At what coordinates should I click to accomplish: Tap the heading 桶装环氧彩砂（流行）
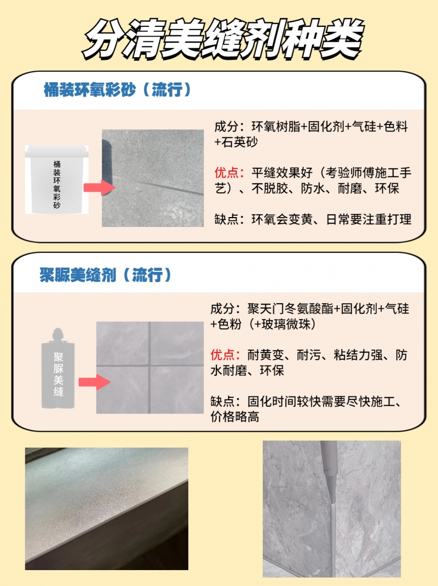pyautogui.click(x=117, y=90)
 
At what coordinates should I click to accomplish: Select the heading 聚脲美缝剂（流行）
pyautogui.click(x=105, y=275)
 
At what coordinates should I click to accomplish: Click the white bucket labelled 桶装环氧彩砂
pyautogui.click(x=57, y=179)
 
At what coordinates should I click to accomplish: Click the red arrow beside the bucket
pyautogui.click(x=99, y=187)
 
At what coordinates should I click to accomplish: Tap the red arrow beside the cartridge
pyautogui.click(x=95, y=382)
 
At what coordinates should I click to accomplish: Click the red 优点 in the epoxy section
pyautogui.click(x=226, y=173)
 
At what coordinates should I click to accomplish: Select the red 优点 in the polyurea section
pyautogui.click(x=222, y=355)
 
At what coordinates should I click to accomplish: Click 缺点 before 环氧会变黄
pyautogui.click(x=226, y=219)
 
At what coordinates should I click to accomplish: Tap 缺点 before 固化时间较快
pyautogui.click(x=222, y=401)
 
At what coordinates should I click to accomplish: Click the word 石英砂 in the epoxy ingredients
pyautogui.click(x=240, y=142)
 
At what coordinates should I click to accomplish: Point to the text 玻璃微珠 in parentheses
pyautogui.click(x=286, y=324)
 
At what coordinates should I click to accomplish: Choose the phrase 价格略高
pyautogui.click(x=235, y=416)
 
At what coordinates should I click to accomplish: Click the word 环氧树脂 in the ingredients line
pyautogui.click(x=276, y=127)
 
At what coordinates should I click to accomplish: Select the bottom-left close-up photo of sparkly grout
pyautogui.click(x=107, y=509)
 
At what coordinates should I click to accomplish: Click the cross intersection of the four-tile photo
pyautogui.click(x=149, y=365)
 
